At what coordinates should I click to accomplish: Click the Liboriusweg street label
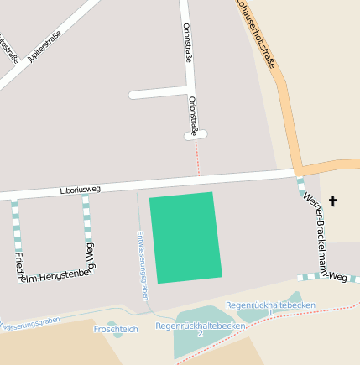pyautogui.click(x=81, y=190)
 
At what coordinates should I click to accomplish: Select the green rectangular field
pyautogui.click(x=185, y=237)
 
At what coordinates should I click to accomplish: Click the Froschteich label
pyautogui.click(x=116, y=330)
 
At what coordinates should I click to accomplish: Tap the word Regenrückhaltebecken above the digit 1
pyautogui.click(x=270, y=305)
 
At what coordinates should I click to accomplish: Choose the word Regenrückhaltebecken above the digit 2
pyautogui.click(x=201, y=325)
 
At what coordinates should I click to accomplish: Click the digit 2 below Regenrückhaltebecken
pyautogui.click(x=200, y=334)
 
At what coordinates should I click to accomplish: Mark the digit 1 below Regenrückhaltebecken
pyautogui.click(x=270, y=313)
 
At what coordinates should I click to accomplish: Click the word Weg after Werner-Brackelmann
pyautogui.click(x=337, y=275)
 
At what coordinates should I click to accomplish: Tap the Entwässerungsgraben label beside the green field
pyautogui.click(x=143, y=265)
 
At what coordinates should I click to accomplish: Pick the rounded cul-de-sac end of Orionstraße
pyautogui.click(x=196, y=135)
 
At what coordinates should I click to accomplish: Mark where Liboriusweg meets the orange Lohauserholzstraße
pyautogui.click(x=299, y=170)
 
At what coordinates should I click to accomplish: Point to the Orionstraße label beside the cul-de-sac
pyautogui.click(x=193, y=115)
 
